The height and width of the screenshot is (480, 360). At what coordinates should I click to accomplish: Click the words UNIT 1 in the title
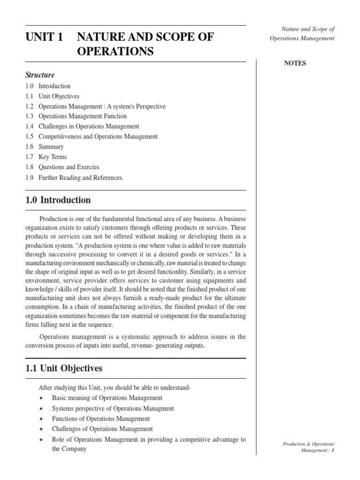click(x=45, y=37)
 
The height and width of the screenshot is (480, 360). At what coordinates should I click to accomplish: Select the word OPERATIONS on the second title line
click(x=115, y=52)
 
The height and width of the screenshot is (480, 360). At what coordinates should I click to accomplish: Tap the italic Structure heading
click(x=40, y=75)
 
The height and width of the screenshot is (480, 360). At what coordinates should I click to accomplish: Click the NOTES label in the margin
click(x=295, y=64)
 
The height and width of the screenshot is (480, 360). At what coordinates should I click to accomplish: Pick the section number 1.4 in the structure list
click(x=30, y=127)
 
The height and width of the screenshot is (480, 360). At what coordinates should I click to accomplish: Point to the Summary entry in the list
click(x=51, y=147)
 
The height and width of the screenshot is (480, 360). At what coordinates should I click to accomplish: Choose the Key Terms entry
click(x=52, y=157)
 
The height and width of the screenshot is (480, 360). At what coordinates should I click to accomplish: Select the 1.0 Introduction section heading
click(x=58, y=200)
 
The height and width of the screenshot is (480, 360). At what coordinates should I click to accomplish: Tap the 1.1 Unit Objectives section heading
click(x=64, y=368)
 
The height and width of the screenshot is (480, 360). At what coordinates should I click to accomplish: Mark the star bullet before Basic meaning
click(x=42, y=398)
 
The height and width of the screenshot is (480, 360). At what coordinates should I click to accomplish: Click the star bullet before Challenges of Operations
click(x=42, y=429)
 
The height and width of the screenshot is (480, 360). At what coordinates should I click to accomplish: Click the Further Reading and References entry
click(x=81, y=178)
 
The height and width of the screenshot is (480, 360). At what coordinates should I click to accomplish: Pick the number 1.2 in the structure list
click(x=30, y=106)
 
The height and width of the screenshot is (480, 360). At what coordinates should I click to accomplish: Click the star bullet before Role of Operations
click(x=42, y=440)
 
